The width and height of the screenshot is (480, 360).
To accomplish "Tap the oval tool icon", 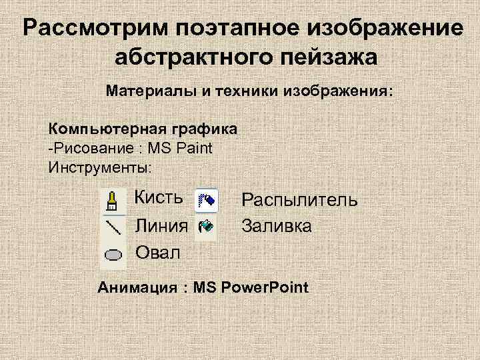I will pos(113,254).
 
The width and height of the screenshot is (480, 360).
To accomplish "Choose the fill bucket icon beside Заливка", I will pos(205,226).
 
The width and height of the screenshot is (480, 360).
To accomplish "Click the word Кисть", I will pos(159,198).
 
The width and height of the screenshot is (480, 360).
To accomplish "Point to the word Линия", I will pos(161,225).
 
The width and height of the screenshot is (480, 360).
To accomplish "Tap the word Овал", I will pos(157,253).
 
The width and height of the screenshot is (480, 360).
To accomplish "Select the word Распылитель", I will pos(299,200).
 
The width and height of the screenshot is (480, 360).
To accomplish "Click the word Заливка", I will pos(276,226).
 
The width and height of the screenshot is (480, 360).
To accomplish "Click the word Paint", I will pos(193,147).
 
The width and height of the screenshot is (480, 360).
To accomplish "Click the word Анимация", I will pos(139,288).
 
